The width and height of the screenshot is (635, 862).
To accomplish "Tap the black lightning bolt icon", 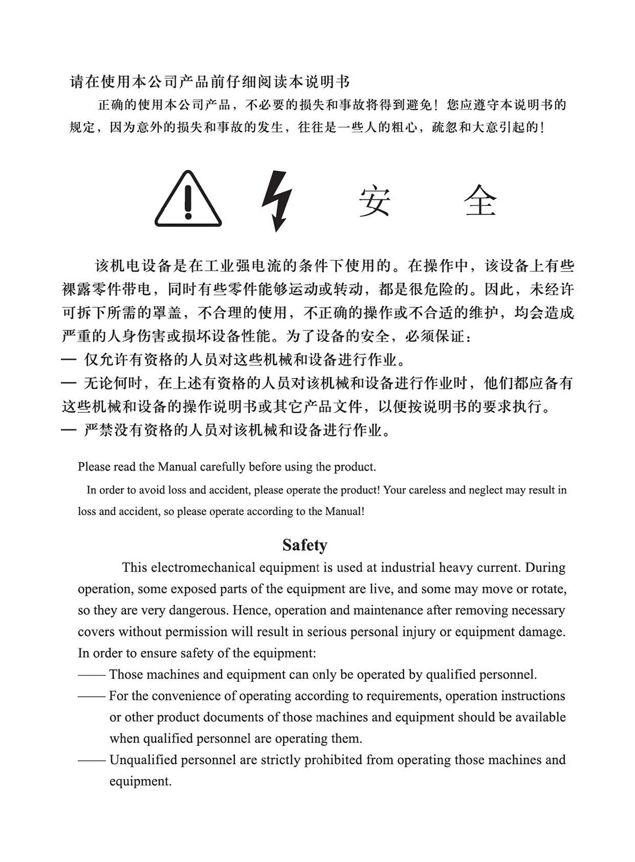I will click(277, 201).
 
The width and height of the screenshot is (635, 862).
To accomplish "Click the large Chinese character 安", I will click(375, 201).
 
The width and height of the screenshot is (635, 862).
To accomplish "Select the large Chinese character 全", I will click(480, 201).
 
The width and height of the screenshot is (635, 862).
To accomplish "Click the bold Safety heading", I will click(305, 545).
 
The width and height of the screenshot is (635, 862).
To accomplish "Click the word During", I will click(546, 568).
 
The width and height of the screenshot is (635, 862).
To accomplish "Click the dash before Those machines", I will click(92, 675).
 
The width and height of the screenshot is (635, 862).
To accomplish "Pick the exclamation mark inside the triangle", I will click(188, 202).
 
